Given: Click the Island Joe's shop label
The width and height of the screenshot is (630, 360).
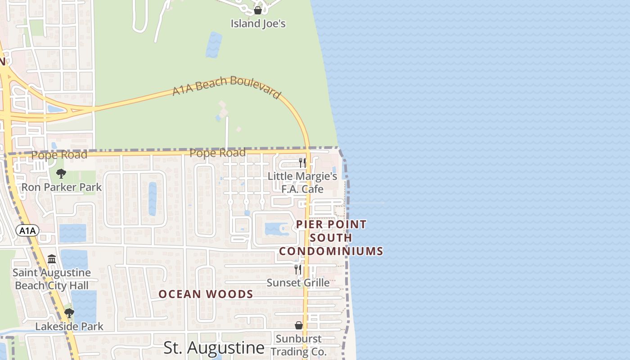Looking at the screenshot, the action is pyautogui.click(x=258, y=23).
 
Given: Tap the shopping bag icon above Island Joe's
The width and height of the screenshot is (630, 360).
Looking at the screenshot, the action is pyautogui.click(x=258, y=10).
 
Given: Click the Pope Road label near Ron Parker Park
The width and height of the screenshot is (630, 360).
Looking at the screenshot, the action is pyautogui.click(x=59, y=155).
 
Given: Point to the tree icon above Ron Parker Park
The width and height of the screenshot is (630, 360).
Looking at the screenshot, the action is pyautogui.click(x=61, y=174).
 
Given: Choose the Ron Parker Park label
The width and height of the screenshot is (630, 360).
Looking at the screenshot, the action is pyautogui.click(x=62, y=187).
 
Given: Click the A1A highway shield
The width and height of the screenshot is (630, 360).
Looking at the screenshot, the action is pyautogui.click(x=27, y=231).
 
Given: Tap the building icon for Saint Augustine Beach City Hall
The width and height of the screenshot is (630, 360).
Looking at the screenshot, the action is pyautogui.click(x=52, y=259).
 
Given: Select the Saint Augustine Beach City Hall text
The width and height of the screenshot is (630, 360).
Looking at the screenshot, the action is pyautogui.click(x=52, y=279).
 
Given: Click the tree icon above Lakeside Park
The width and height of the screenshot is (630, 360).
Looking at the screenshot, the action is pyautogui.click(x=69, y=313).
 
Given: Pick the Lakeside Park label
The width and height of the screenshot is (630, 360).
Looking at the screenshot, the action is pyautogui.click(x=69, y=326).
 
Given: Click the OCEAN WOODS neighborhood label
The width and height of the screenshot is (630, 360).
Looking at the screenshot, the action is pyautogui.click(x=206, y=294).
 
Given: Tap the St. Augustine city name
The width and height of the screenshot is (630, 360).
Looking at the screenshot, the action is pyautogui.click(x=214, y=348).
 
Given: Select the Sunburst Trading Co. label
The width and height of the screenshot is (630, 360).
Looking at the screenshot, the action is pyautogui.click(x=299, y=345).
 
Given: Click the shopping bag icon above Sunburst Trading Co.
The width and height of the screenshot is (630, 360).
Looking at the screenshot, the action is pyautogui.click(x=299, y=325).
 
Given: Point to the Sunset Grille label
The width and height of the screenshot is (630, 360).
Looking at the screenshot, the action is pyautogui.click(x=298, y=283).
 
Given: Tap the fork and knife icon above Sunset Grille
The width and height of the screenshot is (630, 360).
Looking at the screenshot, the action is pyautogui.click(x=298, y=270).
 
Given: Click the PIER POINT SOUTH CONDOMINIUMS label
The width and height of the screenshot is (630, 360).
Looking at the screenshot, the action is pyautogui.click(x=331, y=238).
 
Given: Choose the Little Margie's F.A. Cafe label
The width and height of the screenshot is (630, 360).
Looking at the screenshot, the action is pyautogui.click(x=302, y=182).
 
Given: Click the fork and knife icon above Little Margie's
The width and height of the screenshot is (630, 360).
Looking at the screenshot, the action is pyautogui.click(x=302, y=162).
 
